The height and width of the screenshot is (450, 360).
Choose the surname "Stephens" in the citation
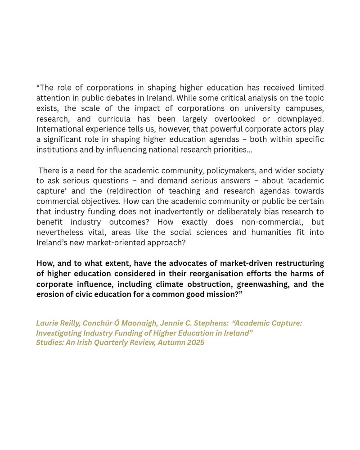click(211, 324)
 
